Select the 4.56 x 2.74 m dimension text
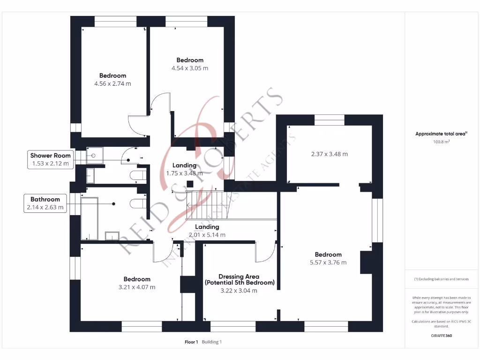(x=112, y=84)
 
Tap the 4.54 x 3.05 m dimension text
(x=189, y=68)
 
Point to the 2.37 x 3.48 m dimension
(x=329, y=154)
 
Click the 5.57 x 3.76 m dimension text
(x=328, y=262)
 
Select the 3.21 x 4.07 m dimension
(x=136, y=287)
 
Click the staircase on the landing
(x=206, y=204)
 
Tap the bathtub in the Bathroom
(x=90, y=217)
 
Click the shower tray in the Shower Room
(x=94, y=155)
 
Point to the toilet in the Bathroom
(x=137, y=203)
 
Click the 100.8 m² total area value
(x=442, y=141)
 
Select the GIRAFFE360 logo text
(x=442, y=336)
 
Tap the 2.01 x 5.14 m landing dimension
(x=207, y=234)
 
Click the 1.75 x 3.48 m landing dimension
(x=184, y=173)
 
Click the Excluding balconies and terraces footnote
(x=441, y=279)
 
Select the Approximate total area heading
(x=441, y=134)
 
